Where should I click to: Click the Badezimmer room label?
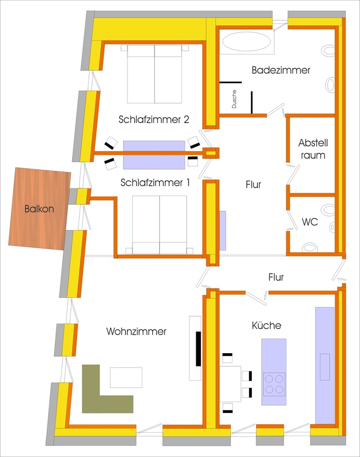(x=281, y=70)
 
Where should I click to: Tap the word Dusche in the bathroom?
(x=234, y=99)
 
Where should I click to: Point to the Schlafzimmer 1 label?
(x=155, y=183)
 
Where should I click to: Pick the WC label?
(x=309, y=222)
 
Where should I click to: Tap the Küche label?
(x=266, y=326)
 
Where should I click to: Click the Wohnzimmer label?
(x=136, y=331)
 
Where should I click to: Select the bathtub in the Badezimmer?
(x=246, y=43)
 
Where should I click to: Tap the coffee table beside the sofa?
(x=126, y=377)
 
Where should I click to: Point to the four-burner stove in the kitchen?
(x=274, y=383)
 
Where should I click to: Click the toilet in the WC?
(x=329, y=210)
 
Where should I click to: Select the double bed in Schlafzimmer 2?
(x=154, y=74)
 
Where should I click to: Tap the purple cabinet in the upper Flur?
(x=223, y=231)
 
